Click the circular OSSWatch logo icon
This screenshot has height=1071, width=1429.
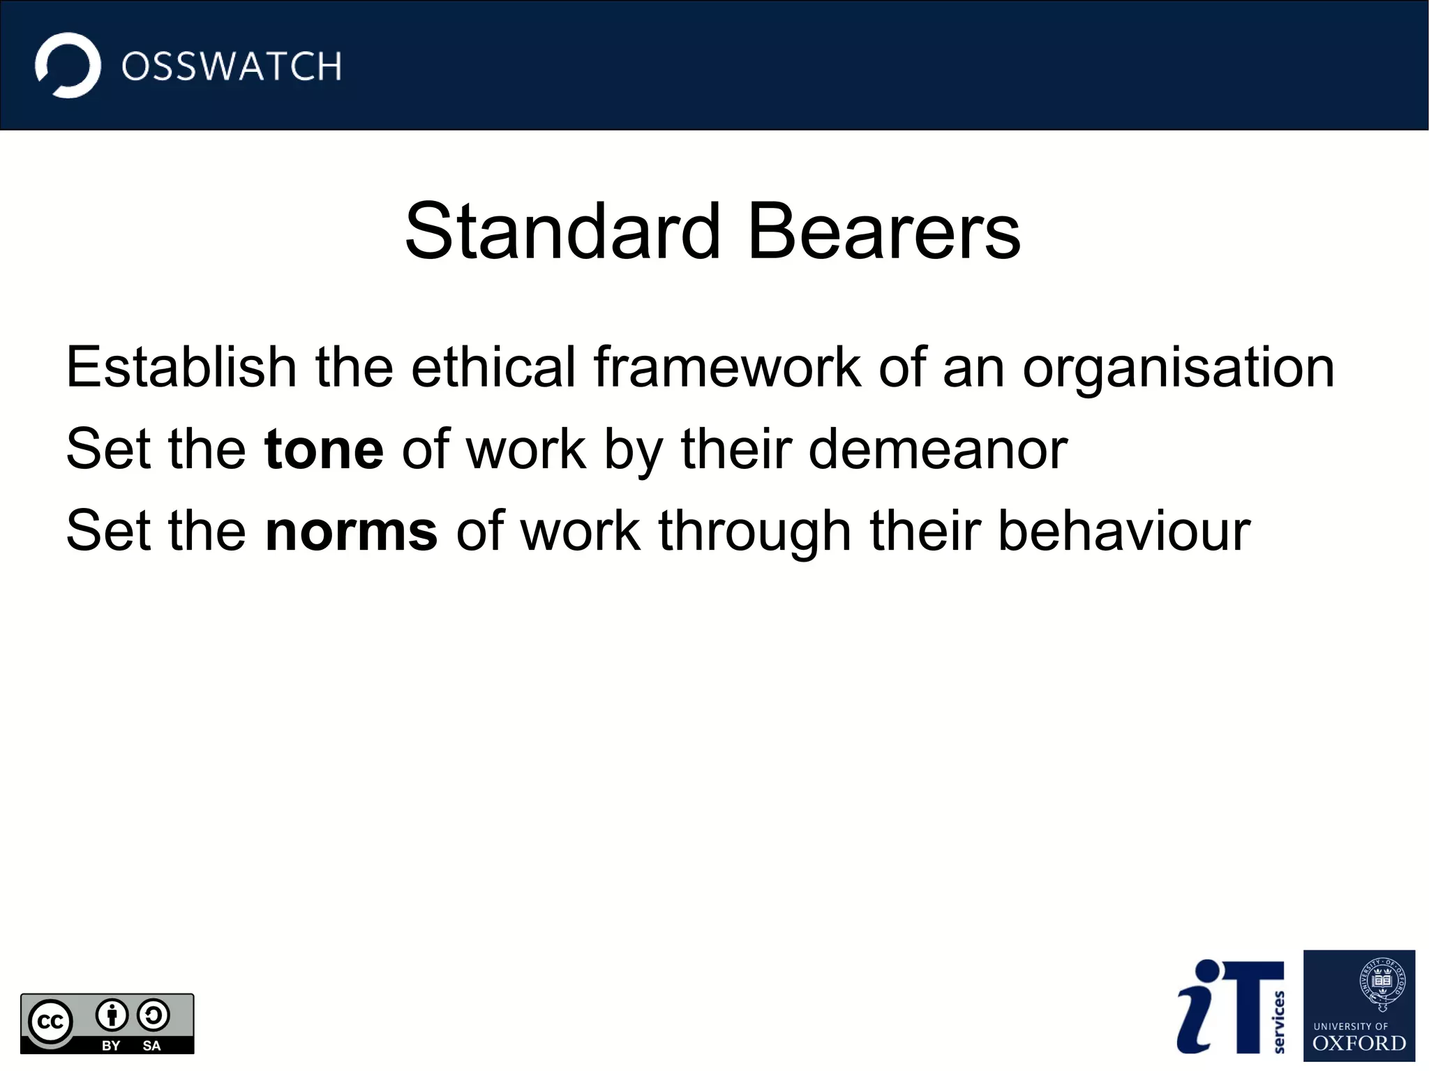point(68,66)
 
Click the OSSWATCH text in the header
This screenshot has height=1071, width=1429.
point(232,67)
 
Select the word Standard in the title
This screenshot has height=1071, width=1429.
point(562,231)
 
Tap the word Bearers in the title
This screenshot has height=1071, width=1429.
point(884,231)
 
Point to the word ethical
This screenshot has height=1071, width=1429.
point(493,367)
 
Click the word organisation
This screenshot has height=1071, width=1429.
point(1179,368)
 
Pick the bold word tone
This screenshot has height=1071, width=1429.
point(324,449)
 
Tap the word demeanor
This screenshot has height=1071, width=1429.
point(938,449)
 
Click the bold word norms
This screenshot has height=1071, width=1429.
point(352,531)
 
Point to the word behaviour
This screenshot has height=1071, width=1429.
point(1125,531)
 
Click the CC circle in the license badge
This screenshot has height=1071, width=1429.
point(50,1022)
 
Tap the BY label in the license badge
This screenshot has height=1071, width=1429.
point(111,1045)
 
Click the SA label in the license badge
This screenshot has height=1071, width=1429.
point(151,1045)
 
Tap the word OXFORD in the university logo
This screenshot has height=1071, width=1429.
point(1359,1043)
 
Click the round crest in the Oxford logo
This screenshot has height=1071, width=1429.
point(1382,982)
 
